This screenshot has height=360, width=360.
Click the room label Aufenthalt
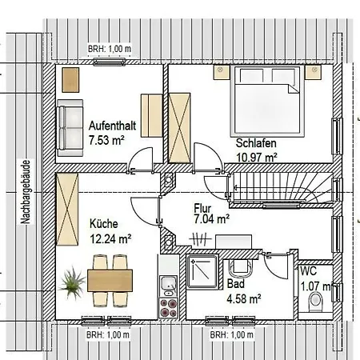112,126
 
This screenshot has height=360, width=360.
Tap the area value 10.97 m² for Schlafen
257,157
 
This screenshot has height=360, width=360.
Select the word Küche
104,224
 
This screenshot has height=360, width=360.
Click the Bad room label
236,284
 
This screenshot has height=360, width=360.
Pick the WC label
309,271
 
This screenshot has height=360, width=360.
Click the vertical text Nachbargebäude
26,192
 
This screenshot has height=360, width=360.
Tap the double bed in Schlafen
267,101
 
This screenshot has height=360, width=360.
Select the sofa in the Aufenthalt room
70,128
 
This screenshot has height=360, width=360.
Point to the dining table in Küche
110,281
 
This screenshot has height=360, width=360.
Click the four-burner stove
168,308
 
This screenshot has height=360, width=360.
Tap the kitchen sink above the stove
168,286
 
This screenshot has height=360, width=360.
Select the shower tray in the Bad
202,271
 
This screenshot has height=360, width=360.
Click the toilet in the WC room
315,302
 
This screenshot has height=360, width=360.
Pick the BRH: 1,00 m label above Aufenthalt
110,49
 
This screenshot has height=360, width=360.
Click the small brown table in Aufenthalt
70,80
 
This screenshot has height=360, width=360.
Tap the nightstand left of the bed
222,73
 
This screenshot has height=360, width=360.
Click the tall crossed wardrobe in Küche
67,209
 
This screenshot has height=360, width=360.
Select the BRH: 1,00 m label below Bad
232,334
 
